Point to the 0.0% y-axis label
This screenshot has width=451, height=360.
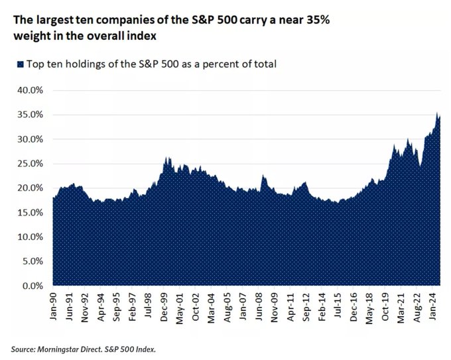pos(31,286)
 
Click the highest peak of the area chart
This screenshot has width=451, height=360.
pos(437,113)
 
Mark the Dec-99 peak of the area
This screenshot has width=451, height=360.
pos(166,158)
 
